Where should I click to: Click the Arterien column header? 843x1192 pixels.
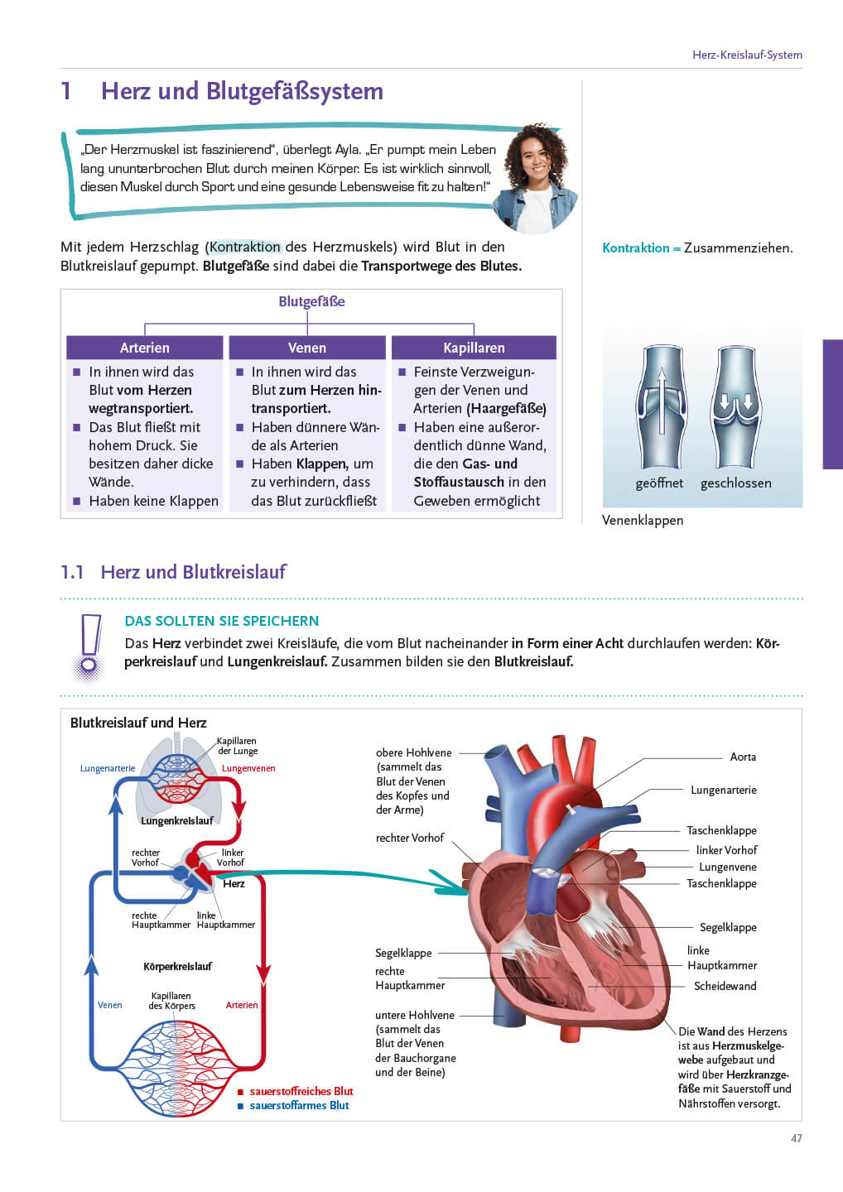[145, 348]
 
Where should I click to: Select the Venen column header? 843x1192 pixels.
[307, 348]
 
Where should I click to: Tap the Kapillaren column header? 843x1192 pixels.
[474, 348]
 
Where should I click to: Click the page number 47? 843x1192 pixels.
[797, 1138]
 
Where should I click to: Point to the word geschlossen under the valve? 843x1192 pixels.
[736, 483]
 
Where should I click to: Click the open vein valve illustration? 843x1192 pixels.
[661, 406]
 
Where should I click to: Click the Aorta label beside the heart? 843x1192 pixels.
[743, 757]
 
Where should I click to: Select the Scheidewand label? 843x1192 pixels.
[725, 986]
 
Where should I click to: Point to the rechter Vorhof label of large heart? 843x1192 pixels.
[410, 838]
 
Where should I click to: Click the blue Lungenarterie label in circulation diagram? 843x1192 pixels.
[108, 768]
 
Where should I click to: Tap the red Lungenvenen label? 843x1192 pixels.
[248, 768]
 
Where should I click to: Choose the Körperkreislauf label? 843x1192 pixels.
[177, 966]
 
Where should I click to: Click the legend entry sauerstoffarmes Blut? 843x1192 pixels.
[299, 1105]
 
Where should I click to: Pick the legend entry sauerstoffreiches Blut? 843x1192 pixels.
[301, 1091]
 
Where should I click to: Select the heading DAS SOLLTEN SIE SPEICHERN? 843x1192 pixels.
[222, 621]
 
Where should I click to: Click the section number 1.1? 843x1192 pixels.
[73, 572]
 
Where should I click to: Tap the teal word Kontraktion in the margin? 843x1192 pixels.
[635, 248]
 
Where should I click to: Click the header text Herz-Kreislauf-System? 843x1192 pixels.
[747, 55]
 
